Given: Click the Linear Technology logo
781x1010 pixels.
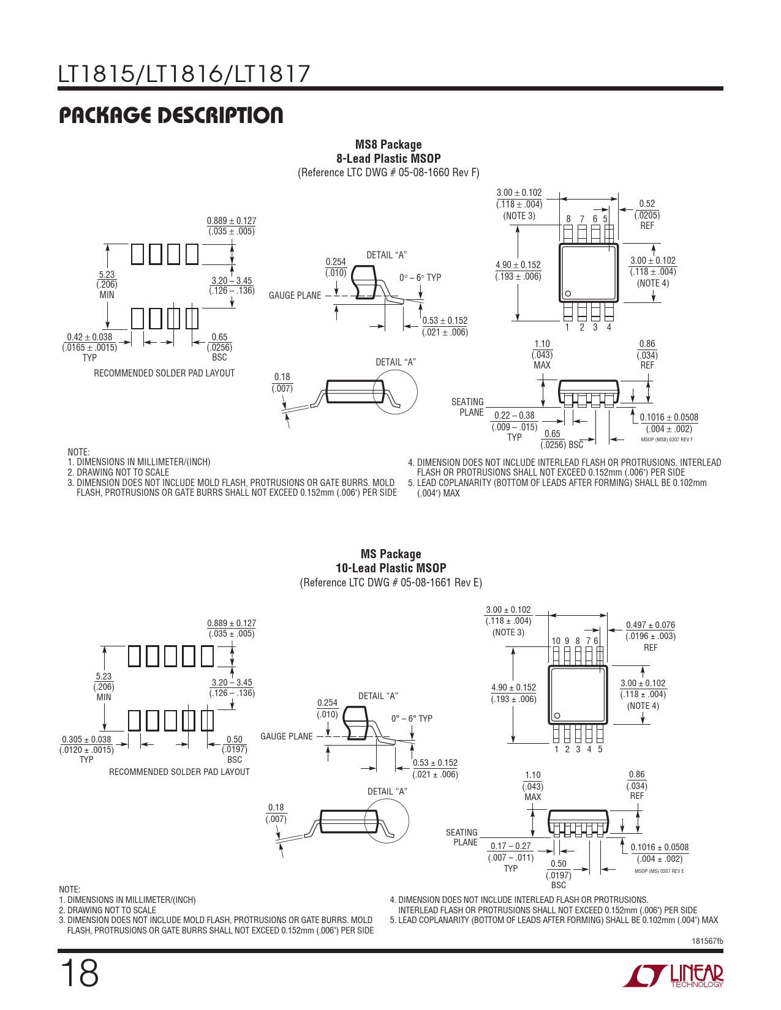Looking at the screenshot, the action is (x=673, y=976).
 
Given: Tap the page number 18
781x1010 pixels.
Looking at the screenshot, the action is (x=80, y=973).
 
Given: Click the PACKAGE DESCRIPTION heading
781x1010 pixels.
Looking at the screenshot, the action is (x=171, y=115).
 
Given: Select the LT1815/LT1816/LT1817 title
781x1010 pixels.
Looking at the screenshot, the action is (x=184, y=74).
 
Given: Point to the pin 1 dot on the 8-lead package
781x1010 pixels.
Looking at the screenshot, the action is (x=567, y=294).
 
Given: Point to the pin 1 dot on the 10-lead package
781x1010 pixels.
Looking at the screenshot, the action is (x=557, y=716).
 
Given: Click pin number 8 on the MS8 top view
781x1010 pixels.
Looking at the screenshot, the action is (x=568, y=219).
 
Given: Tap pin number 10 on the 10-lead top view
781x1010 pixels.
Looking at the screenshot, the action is (x=556, y=641).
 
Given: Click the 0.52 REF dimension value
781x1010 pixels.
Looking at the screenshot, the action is (x=647, y=204).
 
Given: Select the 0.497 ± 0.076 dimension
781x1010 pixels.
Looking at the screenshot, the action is (x=651, y=625).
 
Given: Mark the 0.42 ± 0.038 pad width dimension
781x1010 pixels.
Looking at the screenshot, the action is (x=89, y=337).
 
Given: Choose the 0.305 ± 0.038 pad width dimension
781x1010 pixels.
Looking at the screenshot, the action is (x=86, y=739).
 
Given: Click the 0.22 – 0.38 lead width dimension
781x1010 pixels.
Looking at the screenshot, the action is (x=515, y=416).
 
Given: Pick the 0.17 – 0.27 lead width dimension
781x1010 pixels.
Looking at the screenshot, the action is (x=511, y=846).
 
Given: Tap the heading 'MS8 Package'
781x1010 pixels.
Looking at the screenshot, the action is (x=388, y=144).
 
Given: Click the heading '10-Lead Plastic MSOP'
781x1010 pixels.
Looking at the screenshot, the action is (x=391, y=568).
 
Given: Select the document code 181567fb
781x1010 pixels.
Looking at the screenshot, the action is (x=707, y=941).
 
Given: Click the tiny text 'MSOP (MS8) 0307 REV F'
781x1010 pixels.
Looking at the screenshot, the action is (x=667, y=440).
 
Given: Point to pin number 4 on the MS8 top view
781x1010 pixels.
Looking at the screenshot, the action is (x=609, y=327).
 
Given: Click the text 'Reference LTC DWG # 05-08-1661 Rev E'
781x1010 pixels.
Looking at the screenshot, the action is (x=391, y=583).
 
